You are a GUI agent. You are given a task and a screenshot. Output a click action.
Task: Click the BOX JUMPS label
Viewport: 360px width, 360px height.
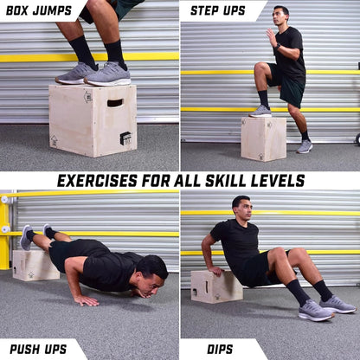point(40,10)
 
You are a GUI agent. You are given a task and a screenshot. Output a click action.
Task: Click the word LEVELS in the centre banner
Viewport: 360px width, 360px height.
point(274,181)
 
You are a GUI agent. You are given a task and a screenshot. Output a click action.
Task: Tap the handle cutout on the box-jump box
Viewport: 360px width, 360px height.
point(115,103)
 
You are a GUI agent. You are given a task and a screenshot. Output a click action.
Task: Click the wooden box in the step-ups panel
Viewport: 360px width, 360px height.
point(263,138)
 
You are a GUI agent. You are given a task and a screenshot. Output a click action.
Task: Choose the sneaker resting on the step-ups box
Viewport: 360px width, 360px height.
point(260,111)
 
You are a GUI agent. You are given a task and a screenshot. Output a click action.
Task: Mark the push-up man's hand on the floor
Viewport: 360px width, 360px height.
point(86,300)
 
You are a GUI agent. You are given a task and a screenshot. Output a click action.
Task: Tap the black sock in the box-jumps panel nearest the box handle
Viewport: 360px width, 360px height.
point(115,52)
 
